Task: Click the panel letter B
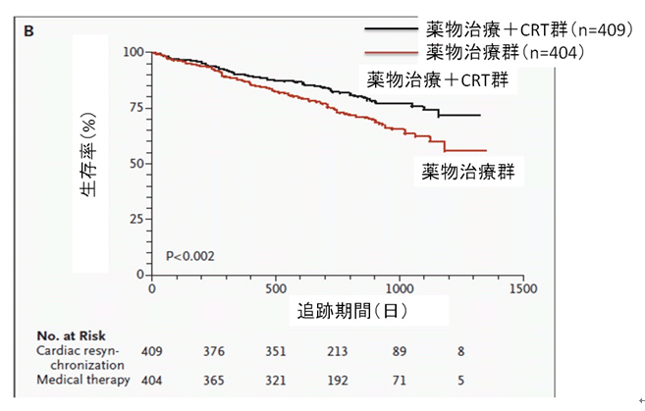pyautogui.click(x=29, y=32)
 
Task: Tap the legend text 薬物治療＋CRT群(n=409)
pyautogui.click(x=523, y=28)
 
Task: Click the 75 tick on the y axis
pyautogui.click(x=134, y=106)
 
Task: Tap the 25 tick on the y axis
pyautogui.click(x=134, y=218)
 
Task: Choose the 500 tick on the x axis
pyautogui.click(x=275, y=290)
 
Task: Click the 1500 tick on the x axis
pyautogui.click(x=523, y=290)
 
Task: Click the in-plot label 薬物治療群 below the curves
pyautogui.click(x=469, y=173)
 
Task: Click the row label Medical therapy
pyautogui.click(x=82, y=380)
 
